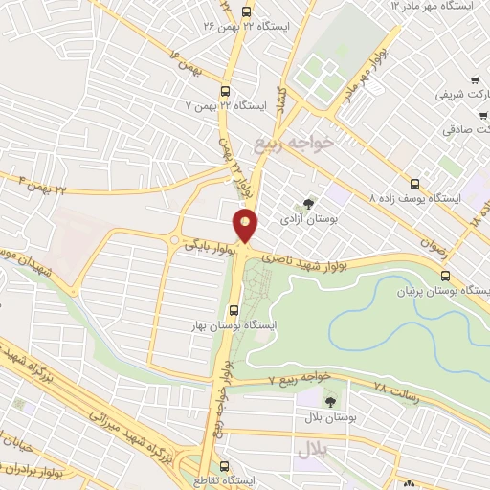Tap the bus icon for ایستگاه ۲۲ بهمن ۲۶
tap(247, 12)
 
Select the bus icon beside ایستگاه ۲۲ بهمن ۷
tap(225, 92)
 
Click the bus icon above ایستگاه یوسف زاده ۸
tap(414, 183)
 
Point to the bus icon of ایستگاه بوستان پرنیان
tap(442, 275)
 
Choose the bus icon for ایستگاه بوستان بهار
tap(234, 309)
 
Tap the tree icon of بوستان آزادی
tap(307, 203)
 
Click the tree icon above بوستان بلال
tap(330, 402)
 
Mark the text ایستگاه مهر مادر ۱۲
tap(435, 6)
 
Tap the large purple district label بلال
tap(312, 446)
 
